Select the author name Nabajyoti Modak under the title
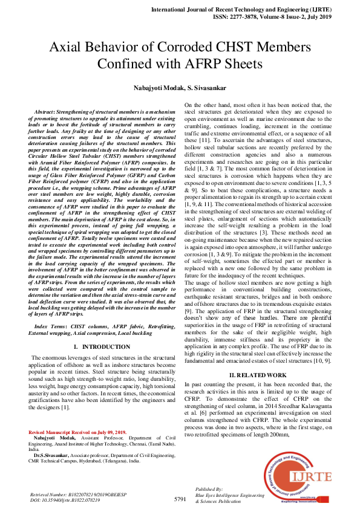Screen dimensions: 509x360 point(157,88)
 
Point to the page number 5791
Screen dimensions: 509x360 point(180,499)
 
